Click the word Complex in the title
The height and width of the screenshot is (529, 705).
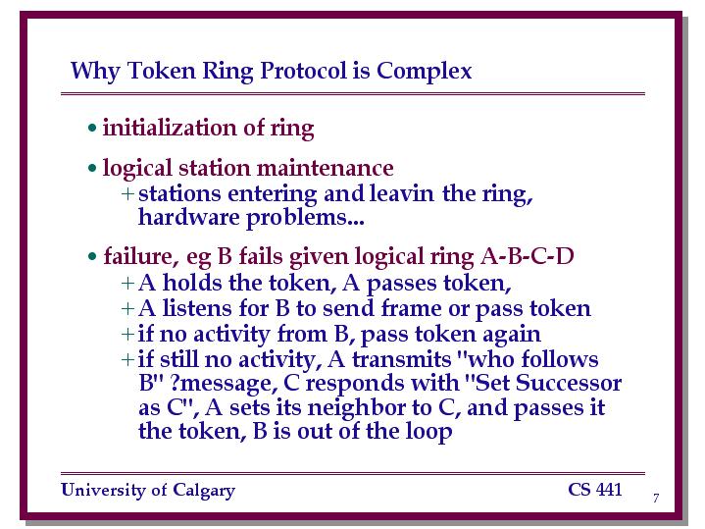coord(424,71)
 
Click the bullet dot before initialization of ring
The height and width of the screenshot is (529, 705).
coord(92,128)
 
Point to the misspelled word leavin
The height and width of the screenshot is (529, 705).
coord(402,193)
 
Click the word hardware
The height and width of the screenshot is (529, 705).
coord(189,217)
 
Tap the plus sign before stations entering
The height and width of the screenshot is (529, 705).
coord(127,193)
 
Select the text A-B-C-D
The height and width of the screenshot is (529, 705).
coord(527,256)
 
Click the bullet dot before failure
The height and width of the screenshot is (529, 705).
coord(92,256)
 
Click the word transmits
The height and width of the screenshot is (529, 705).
coord(401,359)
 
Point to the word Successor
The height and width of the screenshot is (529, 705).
coord(569,383)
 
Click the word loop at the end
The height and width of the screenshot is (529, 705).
coord(428,432)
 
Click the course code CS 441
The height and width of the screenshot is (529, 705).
coord(595,490)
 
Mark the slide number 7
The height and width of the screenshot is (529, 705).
coord(656,498)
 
